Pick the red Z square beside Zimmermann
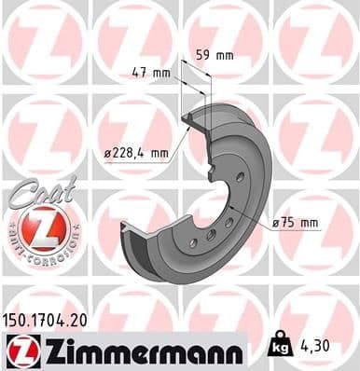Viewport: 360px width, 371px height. (19, 350)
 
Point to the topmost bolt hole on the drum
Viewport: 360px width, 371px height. (240, 176)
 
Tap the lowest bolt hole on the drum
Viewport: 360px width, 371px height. (193, 243)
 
